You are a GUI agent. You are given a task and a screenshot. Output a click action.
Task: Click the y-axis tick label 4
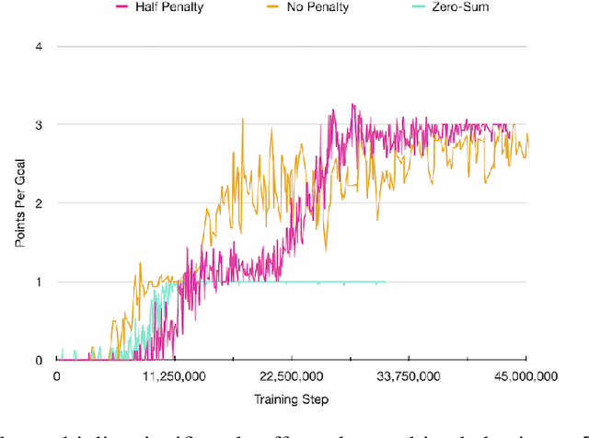click(x=38, y=46)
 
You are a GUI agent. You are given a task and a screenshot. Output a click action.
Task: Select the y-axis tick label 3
click(x=38, y=124)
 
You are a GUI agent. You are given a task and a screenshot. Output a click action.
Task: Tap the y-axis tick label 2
click(x=38, y=203)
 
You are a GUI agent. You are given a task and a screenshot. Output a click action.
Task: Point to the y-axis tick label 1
click(x=38, y=282)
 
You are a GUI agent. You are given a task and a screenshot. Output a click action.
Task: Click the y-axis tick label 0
click(x=38, y=361)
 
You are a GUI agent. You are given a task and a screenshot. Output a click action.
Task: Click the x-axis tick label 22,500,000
click(x=291, y=376)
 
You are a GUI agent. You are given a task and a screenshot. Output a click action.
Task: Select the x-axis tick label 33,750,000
click(x=409, y=376)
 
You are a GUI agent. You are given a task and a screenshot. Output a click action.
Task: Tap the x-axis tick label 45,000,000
click(x=525, y=376)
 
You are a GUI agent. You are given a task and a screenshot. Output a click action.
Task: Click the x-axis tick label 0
click(x=57, y=376)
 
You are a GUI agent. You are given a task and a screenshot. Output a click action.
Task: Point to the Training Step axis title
click(x=291, y=400)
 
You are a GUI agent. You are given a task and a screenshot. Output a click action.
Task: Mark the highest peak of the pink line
click(x=328, y=104)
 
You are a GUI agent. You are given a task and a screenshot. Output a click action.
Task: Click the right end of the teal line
click(x=385, y=282)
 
